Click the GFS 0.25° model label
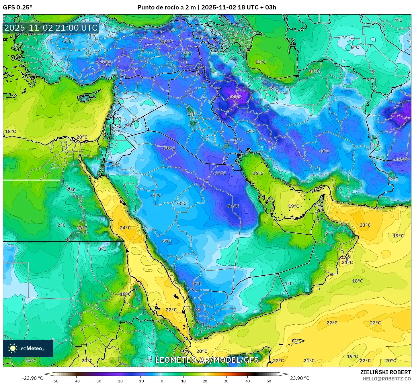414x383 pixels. coord(17,7)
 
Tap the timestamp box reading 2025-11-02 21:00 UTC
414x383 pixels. coord(51,28)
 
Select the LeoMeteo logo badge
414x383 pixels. coord(28,348)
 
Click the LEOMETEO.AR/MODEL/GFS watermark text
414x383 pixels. coord(207,360)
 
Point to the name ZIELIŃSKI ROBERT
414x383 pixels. coord(385,372)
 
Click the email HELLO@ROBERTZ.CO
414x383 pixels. coord(387,378)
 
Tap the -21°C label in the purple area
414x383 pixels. coord(235,97)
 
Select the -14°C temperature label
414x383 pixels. coord(232,206)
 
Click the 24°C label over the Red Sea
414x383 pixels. coord(125,228)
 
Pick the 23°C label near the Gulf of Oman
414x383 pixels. coord(365,225)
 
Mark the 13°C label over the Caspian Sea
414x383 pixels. coord(260,62)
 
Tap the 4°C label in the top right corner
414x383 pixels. coord(398,20)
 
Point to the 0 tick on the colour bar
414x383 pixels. coord(162,381)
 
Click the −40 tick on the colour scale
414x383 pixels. coord(76,381)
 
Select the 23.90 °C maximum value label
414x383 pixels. coord(300,378)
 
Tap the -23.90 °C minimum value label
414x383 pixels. coord(32,378)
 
